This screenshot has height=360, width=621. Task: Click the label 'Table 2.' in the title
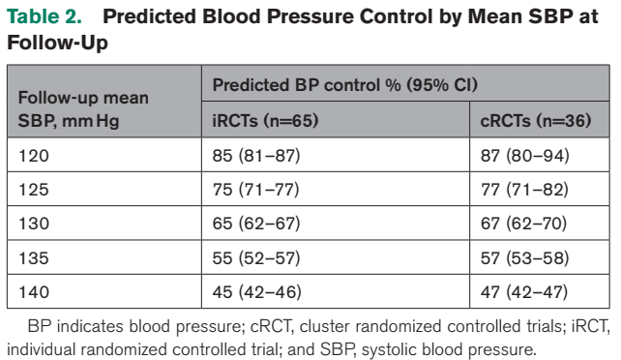[44, 16]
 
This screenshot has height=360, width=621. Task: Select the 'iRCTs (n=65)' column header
[265, 120]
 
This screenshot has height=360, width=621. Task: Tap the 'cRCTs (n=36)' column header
[536, 120]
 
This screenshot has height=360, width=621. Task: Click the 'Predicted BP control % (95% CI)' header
[345, 85]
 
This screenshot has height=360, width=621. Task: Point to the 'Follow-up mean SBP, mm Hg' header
[83, 109]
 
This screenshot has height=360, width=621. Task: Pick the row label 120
[34, 156]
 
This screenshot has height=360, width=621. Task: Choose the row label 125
[34, 190]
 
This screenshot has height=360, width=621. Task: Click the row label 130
[34, 224]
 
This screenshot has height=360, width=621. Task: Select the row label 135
[34, 258]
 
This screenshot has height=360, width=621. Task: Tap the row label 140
[34, 292]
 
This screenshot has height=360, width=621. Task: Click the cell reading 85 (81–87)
[256, 156]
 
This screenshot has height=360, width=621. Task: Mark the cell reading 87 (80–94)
[525, 156]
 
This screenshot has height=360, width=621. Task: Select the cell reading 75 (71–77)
[255, 190]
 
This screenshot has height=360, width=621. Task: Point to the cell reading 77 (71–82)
[524, 190]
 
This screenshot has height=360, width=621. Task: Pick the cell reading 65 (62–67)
[256, 224]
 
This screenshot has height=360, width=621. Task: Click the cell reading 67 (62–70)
[523, 224]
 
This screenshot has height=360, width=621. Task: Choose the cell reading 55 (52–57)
[256, 258]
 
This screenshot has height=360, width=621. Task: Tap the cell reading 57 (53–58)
[525, 258]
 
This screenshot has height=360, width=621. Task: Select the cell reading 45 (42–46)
[256, 292]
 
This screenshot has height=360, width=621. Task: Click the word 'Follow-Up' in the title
[57, 43]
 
